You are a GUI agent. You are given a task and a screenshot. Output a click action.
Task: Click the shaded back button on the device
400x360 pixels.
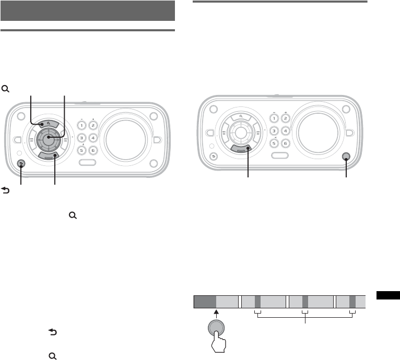20,164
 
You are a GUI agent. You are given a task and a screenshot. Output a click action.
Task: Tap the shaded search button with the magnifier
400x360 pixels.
48,124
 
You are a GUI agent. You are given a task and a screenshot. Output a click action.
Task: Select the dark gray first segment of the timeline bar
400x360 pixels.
205,302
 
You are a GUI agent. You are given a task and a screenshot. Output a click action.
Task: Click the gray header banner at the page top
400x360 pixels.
87,10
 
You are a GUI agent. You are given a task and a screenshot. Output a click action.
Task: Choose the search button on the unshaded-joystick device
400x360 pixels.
242,116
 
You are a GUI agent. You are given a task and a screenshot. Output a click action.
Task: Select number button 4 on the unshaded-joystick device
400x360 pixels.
285,131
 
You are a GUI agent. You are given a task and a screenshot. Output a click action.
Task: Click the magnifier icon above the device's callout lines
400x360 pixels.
6,89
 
